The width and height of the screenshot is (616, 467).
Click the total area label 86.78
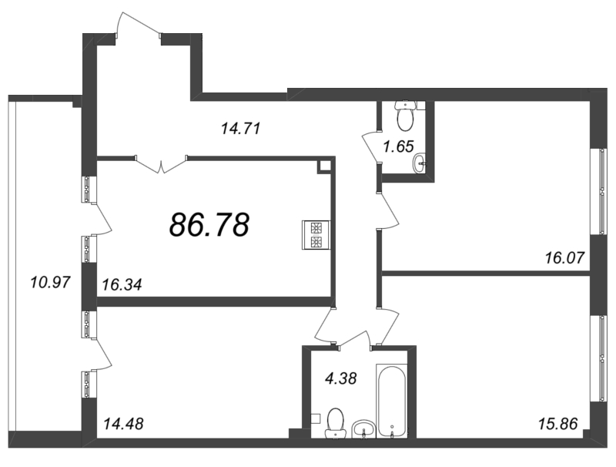[x=209, y=225]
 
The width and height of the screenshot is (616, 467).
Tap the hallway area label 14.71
[x=241, y=129]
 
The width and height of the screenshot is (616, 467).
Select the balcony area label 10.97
[x=50, y=282]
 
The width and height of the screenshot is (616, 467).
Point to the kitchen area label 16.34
[x=122, y=284]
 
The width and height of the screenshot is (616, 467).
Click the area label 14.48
[x=123, y=424]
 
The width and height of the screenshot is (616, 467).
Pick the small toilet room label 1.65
[x=398, y=146]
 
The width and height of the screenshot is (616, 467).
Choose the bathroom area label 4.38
[x=340, y=378]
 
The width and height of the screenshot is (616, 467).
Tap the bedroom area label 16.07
[x=565, y=258]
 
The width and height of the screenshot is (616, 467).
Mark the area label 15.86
[x=557, y=424]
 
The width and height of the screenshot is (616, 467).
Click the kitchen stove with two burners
[x=316, y=235]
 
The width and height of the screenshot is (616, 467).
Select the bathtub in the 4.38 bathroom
[x=392, y=401]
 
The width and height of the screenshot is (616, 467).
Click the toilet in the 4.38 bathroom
[x=335, y=423]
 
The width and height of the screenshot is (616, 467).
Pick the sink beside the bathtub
[x=364, y=429]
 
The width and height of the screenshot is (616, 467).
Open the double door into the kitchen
[x=161, y=164]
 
